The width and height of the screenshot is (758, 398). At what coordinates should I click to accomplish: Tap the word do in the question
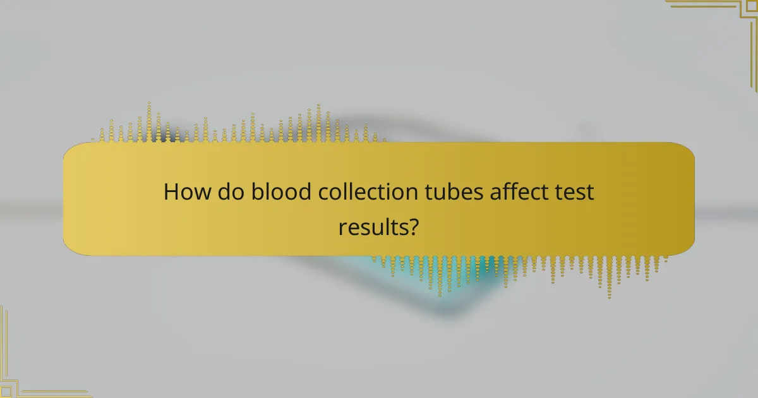231,192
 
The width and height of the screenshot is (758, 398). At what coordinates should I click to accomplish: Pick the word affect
517,192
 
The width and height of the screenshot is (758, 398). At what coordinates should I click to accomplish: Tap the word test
574,192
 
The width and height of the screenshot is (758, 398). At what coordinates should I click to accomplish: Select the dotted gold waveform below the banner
518,268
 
